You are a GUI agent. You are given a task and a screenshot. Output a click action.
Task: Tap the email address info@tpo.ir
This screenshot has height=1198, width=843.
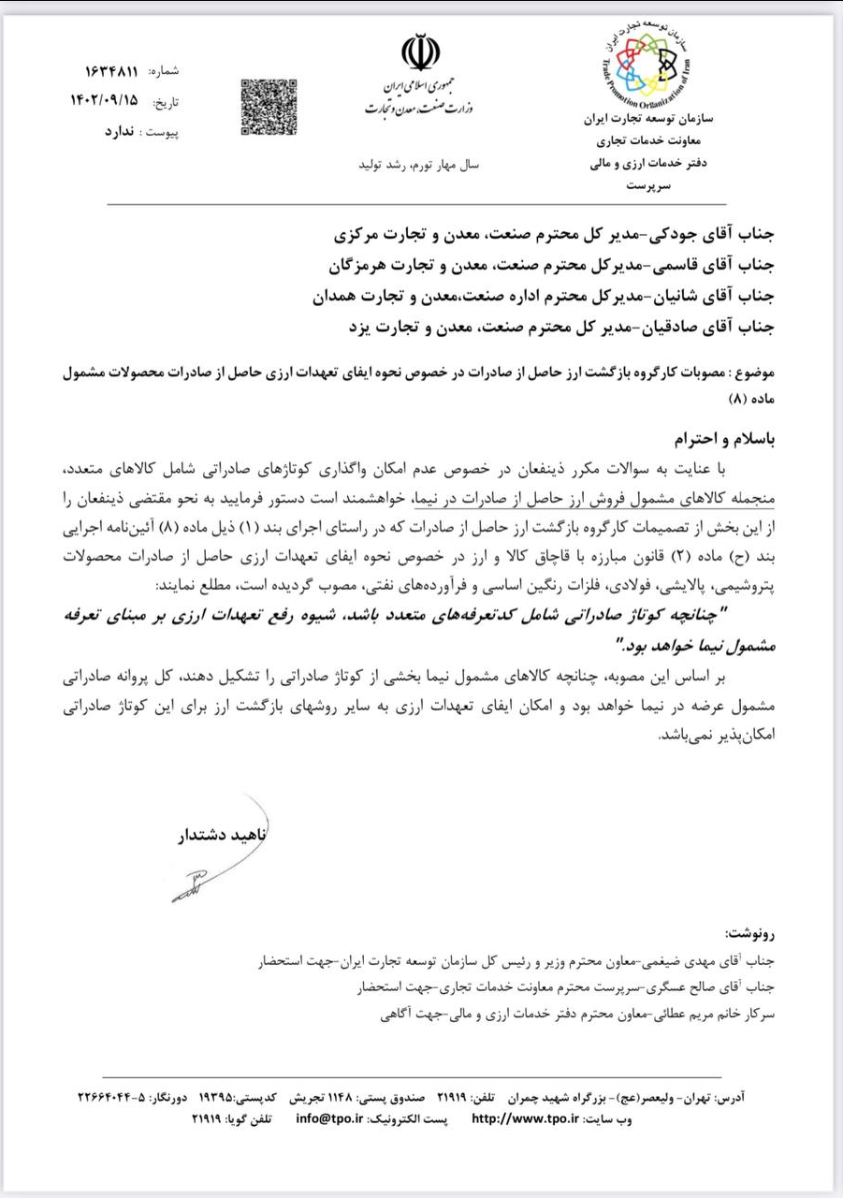point(329,1118)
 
